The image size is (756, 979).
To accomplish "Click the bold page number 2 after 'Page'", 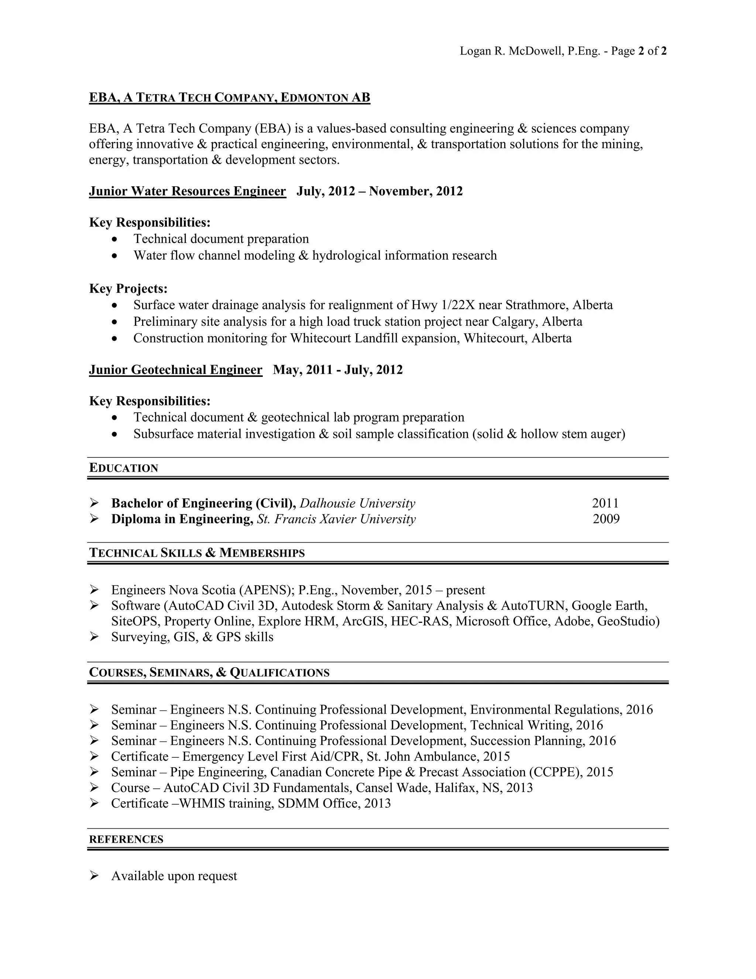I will (x=641, y=51).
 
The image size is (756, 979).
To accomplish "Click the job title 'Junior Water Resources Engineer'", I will (x=187, y=191).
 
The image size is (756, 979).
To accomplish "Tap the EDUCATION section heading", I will (x=124, y=468).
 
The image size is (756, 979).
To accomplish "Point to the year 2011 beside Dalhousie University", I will (x=605, y=504).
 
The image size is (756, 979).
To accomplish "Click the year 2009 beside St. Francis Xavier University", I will (x=606, y=519).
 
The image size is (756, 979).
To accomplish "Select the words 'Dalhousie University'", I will (x=357, y=504).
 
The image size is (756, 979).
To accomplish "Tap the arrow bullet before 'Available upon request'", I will (x=94, y=876).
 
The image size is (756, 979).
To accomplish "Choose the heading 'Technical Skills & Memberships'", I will (x=197, y=553).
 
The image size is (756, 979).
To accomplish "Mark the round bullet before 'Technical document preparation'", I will (x=116, y=239).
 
